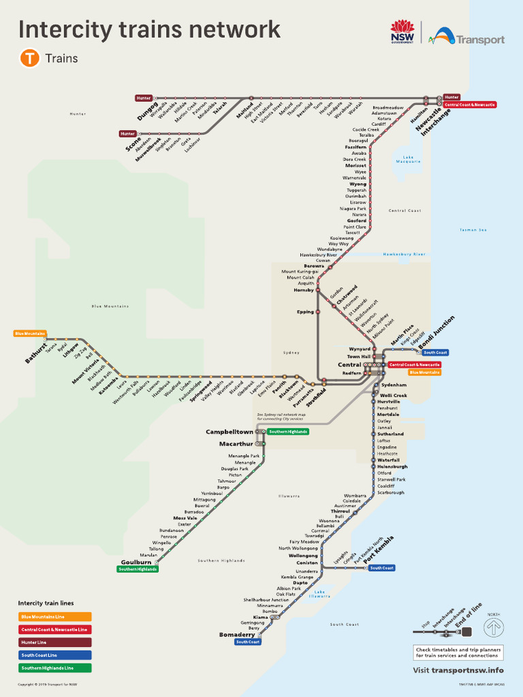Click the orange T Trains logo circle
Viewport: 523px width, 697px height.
coord(30,59)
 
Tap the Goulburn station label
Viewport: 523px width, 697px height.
coord(136,562)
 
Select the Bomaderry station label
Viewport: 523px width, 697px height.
coord(237,634)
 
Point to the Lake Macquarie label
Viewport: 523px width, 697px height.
coord(408,159)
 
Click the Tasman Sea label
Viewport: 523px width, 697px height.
coord(473,230)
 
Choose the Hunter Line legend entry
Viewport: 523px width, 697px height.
coord(54,642)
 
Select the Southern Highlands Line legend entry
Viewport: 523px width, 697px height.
coord(54,668)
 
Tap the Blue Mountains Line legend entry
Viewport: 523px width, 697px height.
coord(54,617)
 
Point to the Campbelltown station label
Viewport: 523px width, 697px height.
coord(229,432)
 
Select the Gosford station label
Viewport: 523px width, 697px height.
coord(357,221)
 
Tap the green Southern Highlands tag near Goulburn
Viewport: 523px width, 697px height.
coord(138,569)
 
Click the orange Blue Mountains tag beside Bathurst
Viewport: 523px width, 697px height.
coord(30,334)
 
